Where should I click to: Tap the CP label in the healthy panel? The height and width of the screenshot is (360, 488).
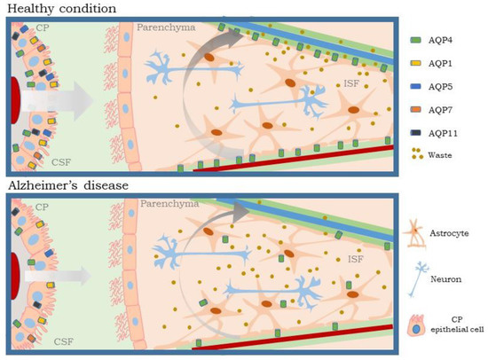click(x=43, y=29)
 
